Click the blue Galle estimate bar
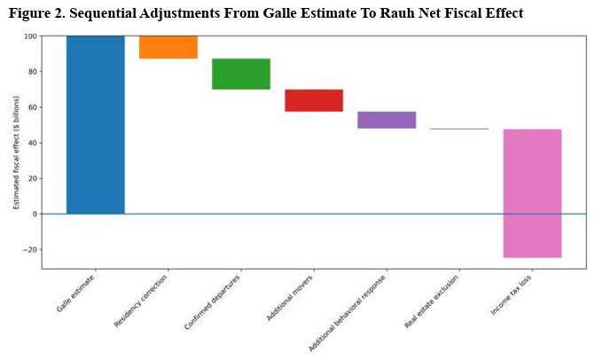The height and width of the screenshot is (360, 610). pos(95,124)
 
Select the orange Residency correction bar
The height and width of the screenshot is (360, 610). pos(168,47)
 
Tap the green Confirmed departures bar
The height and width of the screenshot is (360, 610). pos(241,74)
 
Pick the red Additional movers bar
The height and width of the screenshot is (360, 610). pos(314,100)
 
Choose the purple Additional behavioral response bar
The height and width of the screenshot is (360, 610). pos(387,120)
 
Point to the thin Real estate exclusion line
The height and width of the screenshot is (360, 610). pos(459,129)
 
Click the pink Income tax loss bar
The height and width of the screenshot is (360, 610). pos(532,193)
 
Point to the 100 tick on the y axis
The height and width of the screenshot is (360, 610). pos(31,36)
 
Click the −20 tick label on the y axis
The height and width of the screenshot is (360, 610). pos(30,249)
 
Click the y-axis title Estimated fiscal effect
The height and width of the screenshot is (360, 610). pos(16,152)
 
